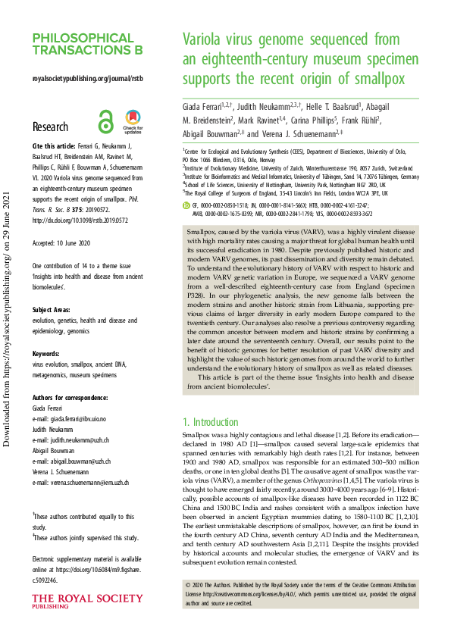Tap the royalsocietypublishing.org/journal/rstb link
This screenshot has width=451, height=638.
pyautogui.click(x=88, y=78)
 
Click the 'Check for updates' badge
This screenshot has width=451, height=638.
pyautogui.click(x=133, y=121)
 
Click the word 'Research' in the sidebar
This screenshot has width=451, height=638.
pyautogui.click(x=50, y=127)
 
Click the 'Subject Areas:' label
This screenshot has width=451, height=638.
pyautogui.click(x=52, y=288)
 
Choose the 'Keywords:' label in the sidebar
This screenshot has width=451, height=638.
pyautogui.click(x=48, y=331)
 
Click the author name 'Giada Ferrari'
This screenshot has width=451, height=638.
pyautogui.click(x=208, y=103)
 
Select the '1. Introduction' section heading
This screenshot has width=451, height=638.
pyautogui.click(x=211, y=422)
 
